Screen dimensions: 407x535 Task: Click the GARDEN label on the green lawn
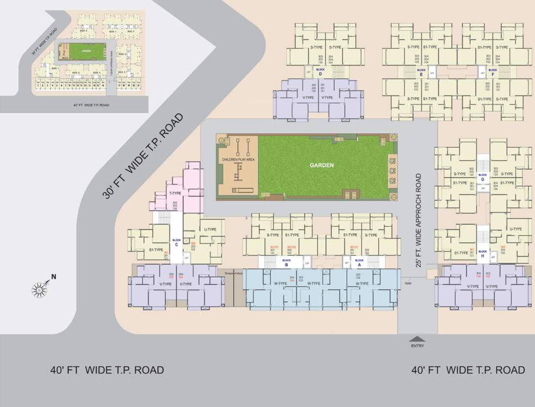pyautogui.click(x=322, y=165)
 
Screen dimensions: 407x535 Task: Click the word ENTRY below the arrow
pyautogui.click(x=417, y=346)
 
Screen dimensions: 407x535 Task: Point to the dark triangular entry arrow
pyautogui.click(x=417, y=339)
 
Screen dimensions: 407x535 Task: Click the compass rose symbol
pyautogui.click(x=40, y=289)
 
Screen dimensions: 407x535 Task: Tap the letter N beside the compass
pyautogui.click(x=53, y=277)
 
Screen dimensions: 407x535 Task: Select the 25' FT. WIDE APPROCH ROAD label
pyautogui.click(x=418, y=220)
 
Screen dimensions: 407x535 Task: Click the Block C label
pyautogui.click(x=176, y=242)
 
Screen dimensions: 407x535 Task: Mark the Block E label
pyautogui.click(x=421, y=72)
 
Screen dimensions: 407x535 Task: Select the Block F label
pyautogui.click(x=493, y=72)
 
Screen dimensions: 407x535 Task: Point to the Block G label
pyautogui.click(x=482, y=177)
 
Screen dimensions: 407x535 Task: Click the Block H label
pyautogui.click(x=482, y=253)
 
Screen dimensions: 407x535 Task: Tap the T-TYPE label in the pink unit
pyautogui.click(x=175, y=193)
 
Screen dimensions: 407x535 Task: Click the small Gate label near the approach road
pyautogui.click(x=408, y=283)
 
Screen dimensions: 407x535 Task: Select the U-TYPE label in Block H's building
pyautogui.click(x=515, y=229)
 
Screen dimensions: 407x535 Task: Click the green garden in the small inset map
pyautogui.click(x=86, y=52)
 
